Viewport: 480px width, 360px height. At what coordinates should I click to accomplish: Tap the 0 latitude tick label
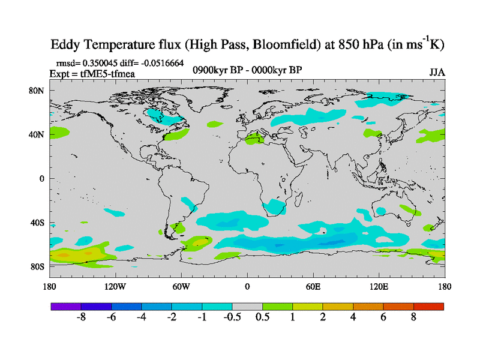click(42, 178)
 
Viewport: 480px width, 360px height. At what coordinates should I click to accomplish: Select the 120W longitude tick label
click(115, 286)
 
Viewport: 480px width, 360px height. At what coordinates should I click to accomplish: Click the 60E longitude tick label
click(313, 286)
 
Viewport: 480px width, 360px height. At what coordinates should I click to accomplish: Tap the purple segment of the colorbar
click(66, 306)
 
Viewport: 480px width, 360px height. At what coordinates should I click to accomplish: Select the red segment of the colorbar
click(428, 306)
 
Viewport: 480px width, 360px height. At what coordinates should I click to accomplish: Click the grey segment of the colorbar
click(247, 306)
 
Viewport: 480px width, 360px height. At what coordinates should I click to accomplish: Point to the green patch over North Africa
click(256, 141)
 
